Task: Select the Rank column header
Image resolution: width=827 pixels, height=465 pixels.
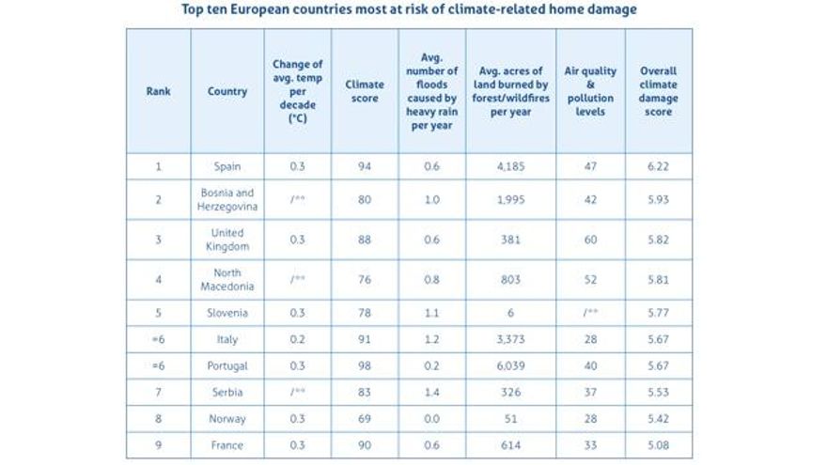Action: (x=158, y=91)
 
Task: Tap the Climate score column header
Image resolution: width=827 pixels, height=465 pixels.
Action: (x=364, y=91)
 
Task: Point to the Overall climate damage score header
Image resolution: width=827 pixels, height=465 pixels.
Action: (x=658, y=91)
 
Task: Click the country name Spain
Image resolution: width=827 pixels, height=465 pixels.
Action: (x=227, y=166)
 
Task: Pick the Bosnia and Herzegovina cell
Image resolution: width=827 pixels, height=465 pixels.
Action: (x=227, y=199)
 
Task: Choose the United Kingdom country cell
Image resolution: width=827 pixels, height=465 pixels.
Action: (x=227, y=240)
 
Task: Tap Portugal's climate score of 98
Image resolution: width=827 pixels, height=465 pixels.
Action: (x=364, y=365)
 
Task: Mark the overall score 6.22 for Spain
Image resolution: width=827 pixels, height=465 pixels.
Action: (x=658, y=166)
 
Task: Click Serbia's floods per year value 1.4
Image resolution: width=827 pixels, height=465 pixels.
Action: (x=431, y=392)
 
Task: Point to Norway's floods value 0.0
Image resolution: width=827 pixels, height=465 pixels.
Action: (x=431, y=419)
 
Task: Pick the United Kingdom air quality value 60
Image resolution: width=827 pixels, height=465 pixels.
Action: (x=590, y=240)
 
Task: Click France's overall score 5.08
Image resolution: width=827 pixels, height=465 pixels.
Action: (x=658, y=445)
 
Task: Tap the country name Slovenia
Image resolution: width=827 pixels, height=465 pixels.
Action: (x=227, y=313)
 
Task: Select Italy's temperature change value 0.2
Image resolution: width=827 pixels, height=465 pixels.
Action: (x=297, y=339)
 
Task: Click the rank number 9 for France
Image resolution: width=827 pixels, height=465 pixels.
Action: (x=158, y=445)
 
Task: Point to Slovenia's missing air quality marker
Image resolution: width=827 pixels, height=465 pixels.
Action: (x=590, y=313)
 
